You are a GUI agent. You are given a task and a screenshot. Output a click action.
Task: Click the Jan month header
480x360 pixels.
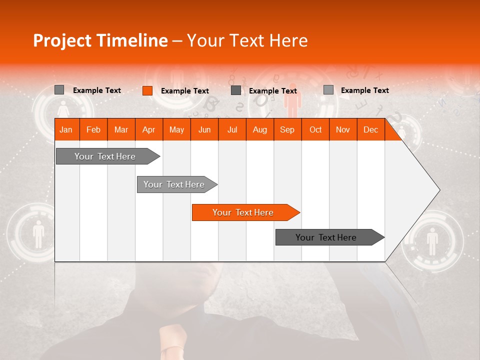pyautogui.click(x=66, y=129)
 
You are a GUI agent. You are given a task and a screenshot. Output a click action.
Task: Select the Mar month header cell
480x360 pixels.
pyautogui.click(x=121, y=129)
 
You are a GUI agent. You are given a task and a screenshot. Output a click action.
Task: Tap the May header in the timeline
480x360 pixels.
pyautogui.click(x=176, y=129)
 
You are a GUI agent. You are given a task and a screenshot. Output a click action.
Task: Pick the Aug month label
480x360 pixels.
pyautogui.click(x=259, y=129)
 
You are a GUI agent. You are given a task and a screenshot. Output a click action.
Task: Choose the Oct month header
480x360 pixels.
pyautogui.click(x=315, y=129)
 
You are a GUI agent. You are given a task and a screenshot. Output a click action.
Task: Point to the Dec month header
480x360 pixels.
pyautogui.click(x=370, y=129)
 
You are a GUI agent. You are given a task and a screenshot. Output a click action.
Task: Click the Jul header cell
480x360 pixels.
pyautogui.click(x=232, y=129)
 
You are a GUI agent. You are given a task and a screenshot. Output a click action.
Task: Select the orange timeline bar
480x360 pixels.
pyautogui.click(x=243, y=212)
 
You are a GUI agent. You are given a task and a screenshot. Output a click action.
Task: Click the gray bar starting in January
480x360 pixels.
pyautogui.click(x=105, y=156)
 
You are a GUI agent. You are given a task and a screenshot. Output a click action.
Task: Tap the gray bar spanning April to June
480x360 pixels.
pyautogui.click(x=174, y=184)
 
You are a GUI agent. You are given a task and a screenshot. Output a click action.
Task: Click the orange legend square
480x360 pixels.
pyautogui.click(x=147, y=90)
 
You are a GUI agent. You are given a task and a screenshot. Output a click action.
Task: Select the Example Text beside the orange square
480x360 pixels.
pyautogui.click(x=185, y=90)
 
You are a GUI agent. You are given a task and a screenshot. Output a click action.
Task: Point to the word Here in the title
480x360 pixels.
pyautogui.click(x=288, y=40)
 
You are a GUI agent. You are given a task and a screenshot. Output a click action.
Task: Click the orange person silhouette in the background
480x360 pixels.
pyautogui.click(x=292, y=102)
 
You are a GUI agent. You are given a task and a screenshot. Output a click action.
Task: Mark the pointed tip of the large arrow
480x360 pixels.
pyautogui.click(x=439, y=190)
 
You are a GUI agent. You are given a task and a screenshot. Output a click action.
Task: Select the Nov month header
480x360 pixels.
pyautogui.click(x=343, y=129)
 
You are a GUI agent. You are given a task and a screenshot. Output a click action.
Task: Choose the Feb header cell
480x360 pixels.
pyautogui.click(x=93, y=129)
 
